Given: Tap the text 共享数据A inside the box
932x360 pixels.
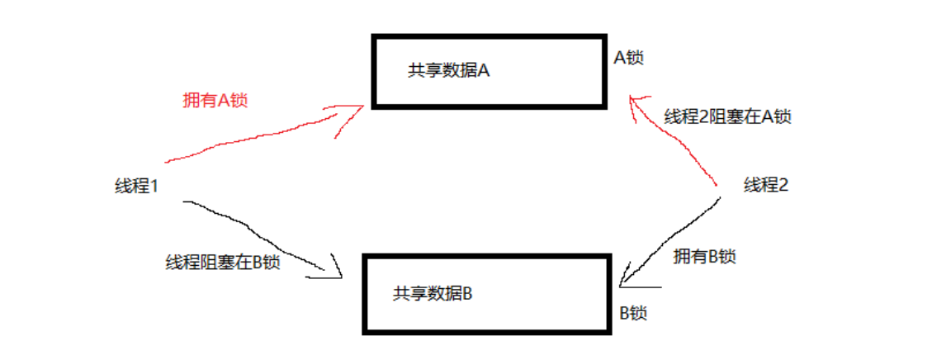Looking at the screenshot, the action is tap(449, 70).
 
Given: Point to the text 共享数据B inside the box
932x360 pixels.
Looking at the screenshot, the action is tap(433, 294).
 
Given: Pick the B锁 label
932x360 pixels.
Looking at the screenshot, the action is tap(633, 313).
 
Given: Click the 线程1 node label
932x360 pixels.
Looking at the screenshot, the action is tap(136, 186).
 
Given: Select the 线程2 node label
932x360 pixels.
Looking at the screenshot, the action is tap(765, 185).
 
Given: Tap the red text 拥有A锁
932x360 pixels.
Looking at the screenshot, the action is tap(215, 101).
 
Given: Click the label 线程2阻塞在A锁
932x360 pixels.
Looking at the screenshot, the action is tap(728, 116).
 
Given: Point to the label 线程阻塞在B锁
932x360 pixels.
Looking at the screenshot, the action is tap(223, 263).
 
